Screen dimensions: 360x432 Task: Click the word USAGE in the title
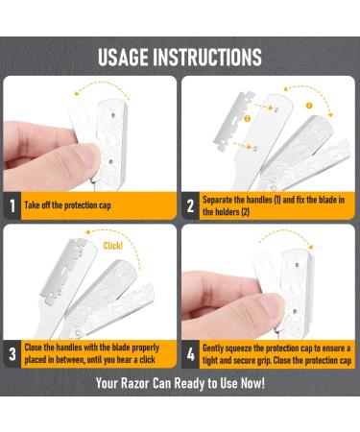coord(123,58)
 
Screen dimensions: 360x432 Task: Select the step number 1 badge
coord(12,205)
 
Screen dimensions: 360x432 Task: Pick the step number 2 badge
coord(190,205)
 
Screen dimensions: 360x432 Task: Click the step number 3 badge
coord(12,354)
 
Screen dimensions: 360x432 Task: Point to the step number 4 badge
coord(190,354)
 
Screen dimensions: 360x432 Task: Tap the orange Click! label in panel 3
coord(113,246)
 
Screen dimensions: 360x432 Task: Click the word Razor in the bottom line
coord(134,383)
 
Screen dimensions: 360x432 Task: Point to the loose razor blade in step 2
coord(233,121)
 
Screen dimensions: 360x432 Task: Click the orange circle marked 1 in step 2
coord(309,106)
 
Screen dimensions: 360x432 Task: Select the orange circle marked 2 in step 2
coord(247,119)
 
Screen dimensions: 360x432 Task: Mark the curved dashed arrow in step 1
coord(102,84)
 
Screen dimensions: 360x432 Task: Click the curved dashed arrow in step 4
coord(284,235)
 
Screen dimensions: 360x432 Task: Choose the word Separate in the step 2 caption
coord(217,200)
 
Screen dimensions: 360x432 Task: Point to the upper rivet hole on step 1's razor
coord(113,114)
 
